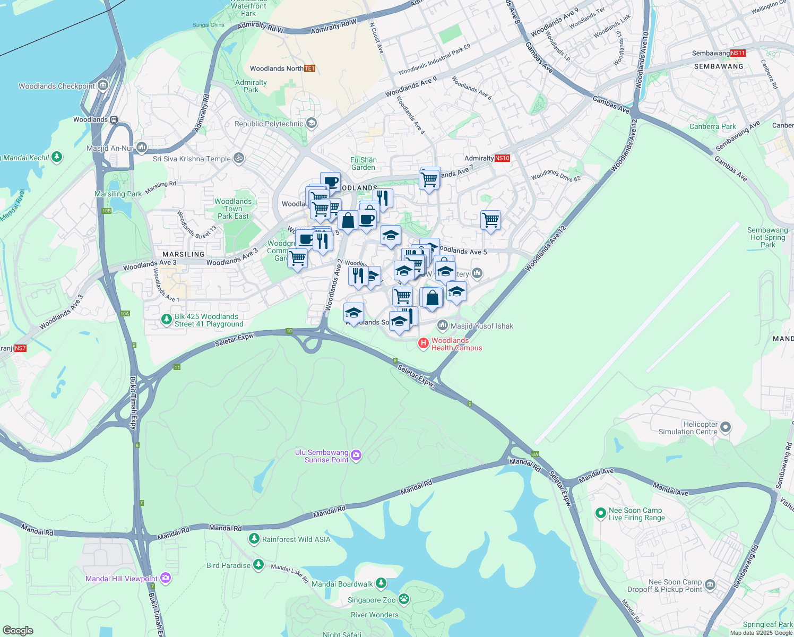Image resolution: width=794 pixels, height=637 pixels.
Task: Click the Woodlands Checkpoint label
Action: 57,86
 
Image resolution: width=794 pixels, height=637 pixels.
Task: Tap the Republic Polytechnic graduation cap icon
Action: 312,124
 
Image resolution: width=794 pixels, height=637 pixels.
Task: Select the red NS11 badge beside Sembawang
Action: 738,53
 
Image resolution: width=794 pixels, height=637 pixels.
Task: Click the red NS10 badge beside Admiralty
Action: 502,158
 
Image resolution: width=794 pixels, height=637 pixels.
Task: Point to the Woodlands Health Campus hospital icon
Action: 423,343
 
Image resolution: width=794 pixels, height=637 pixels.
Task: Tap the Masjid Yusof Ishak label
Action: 482,326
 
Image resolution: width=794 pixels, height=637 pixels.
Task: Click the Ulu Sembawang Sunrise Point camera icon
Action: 356,455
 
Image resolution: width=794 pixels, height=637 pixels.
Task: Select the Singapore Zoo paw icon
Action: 404,599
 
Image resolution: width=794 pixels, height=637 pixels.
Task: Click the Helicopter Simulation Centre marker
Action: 726,427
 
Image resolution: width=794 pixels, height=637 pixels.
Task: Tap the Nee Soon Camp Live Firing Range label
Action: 636,514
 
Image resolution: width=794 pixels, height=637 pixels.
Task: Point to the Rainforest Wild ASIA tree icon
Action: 254,539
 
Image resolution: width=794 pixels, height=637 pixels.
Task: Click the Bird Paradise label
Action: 228,565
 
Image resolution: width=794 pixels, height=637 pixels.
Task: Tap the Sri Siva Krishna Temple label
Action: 192,159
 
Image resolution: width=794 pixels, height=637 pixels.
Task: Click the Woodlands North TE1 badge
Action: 309,68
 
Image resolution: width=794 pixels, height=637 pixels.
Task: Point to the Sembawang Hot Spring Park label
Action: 767,237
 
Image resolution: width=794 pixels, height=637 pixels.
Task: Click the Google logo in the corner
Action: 18,630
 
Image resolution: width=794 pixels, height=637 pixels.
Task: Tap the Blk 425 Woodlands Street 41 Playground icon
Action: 166,320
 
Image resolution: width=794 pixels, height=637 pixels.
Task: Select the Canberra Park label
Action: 712,126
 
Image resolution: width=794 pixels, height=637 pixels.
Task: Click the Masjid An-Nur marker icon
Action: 141,147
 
